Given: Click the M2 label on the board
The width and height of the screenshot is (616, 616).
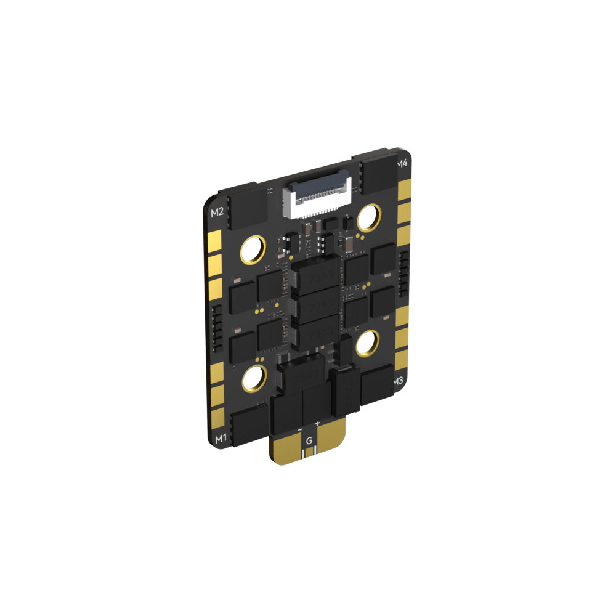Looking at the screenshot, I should pos(217,213).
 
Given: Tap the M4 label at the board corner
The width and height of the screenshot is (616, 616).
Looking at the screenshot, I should pos(402,163).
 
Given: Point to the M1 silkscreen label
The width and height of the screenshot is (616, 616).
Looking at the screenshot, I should pos(220,439).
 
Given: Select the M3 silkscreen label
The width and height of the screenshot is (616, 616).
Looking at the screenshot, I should pos(398,381).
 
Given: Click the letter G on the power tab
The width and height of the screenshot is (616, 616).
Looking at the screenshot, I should pos(309,440).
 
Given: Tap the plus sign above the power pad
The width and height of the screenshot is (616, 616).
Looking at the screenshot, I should pos(317,424).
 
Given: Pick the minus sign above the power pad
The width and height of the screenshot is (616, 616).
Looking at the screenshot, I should pos(300,429).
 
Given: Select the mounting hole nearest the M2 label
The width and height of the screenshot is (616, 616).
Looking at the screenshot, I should pos(253,249).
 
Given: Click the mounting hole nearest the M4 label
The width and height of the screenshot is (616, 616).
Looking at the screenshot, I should pos(369,216).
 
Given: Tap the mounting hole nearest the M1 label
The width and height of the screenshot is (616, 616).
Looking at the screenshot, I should pos(253,378).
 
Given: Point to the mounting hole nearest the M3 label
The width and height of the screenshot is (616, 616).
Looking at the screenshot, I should pos(368,344).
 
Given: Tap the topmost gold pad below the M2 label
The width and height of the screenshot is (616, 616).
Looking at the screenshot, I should pos(215,239).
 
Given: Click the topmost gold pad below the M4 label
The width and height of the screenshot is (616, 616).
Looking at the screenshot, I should pos(404,189).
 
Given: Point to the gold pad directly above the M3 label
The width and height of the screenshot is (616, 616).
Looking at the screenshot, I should pos(401,360).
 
